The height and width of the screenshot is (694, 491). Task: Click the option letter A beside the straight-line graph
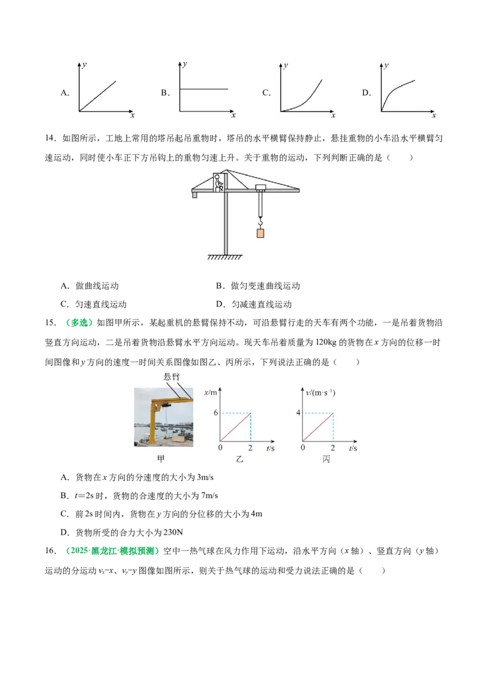point(64,93)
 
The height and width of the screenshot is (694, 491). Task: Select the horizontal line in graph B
point(204,89)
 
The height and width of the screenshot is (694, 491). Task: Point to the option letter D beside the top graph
point(366,93)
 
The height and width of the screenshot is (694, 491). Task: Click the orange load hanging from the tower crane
point(260,233)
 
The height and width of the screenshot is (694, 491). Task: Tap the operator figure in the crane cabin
point(218,182)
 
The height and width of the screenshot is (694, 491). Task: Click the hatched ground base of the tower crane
point(225,257)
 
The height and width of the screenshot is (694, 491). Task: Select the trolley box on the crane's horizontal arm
point(261,188)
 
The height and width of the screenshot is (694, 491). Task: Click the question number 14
point(50,139)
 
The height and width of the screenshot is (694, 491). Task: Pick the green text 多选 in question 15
point(79,322)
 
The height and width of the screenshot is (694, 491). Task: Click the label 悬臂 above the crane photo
point(171,376)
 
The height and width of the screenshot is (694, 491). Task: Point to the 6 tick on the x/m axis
point(216,413)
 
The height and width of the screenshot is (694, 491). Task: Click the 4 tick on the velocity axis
point(298,413)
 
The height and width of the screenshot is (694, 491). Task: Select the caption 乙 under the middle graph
point(239,459)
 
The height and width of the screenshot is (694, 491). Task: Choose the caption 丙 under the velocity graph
point(326,459)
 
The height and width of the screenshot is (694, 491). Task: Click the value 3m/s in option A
point(205,477)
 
